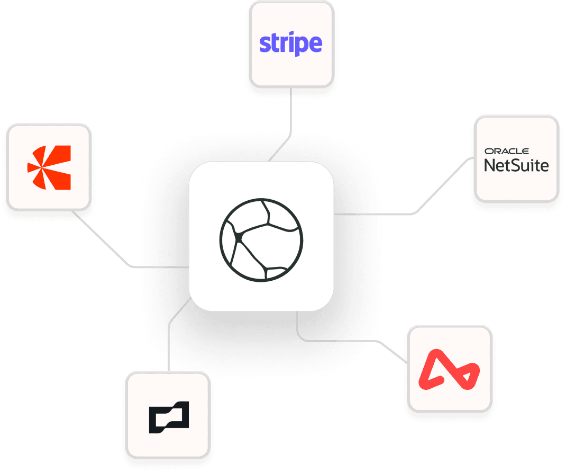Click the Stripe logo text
(x=290, y=44)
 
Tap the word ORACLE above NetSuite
(x=506, y=152)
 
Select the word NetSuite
(x=516, y=165)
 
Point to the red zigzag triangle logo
(x=449, y=369)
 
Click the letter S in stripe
(x=264, y=44)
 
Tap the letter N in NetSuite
(x=490, y=165)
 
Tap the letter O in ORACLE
(x=487, y=152)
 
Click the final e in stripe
(x=316, y=45)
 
